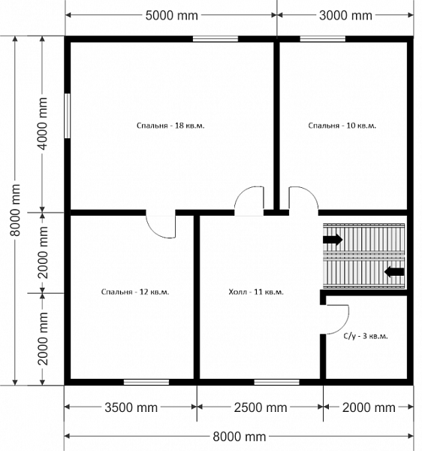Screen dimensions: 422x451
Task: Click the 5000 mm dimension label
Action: [171, 15]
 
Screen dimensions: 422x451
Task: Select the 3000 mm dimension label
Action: [345, 15]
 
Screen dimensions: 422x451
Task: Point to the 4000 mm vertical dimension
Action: [43, 124]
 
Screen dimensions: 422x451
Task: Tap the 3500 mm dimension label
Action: [131, 407]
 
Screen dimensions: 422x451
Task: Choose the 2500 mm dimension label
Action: [261, 407]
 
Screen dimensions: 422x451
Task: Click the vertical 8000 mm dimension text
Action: [16, 210]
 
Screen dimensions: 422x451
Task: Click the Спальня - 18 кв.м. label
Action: [170, 126]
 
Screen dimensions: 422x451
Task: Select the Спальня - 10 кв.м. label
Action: [342, 126]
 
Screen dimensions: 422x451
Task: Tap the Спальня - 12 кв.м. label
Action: [135, 292]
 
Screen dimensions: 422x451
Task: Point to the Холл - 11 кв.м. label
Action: [256, 292]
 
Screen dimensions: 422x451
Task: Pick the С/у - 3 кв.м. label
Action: [366, 336]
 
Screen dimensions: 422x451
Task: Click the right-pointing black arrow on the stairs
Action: [333, 239]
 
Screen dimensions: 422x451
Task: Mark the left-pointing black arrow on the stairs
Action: [394, 272]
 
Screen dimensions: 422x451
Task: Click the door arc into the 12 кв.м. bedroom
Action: [152, 232]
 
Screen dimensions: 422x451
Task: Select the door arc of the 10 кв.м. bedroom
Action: [312, 193]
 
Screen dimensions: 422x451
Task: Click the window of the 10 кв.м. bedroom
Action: [323, 39]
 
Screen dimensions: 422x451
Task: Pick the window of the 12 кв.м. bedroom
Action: [146, 382]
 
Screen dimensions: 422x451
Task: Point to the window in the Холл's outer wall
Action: [276, 382]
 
